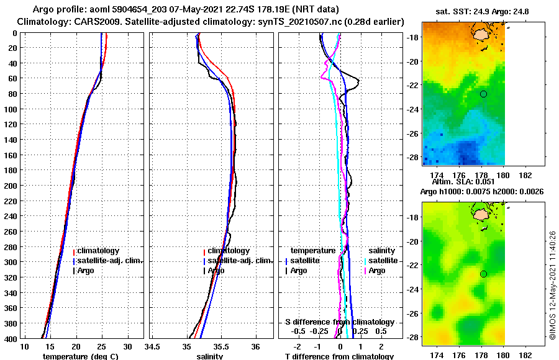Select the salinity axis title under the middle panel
click(210, 356)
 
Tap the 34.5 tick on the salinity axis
click(152, 346)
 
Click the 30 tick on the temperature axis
click(127, 346)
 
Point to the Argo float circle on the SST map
click(483, 94)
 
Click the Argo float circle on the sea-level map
click(483, 274)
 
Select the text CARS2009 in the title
click(92, 22)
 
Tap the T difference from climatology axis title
click(339, 356)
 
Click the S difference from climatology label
click(339, 322)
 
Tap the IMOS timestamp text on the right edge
click(553, 286)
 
